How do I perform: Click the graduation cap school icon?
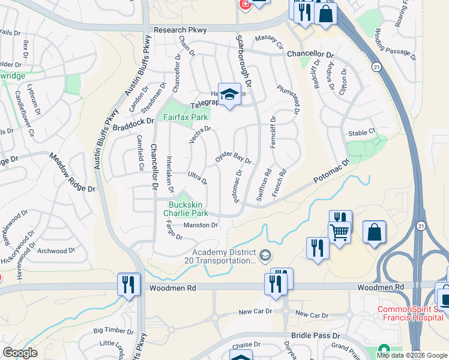coord(228,95)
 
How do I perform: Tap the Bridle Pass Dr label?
coord(315,336)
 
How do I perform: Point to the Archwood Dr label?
coord(56,251)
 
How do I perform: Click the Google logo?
coord(20,353)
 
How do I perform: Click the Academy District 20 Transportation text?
coord(224,256)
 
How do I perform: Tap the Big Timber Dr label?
coord(113,331)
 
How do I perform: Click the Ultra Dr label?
coord(197,178)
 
